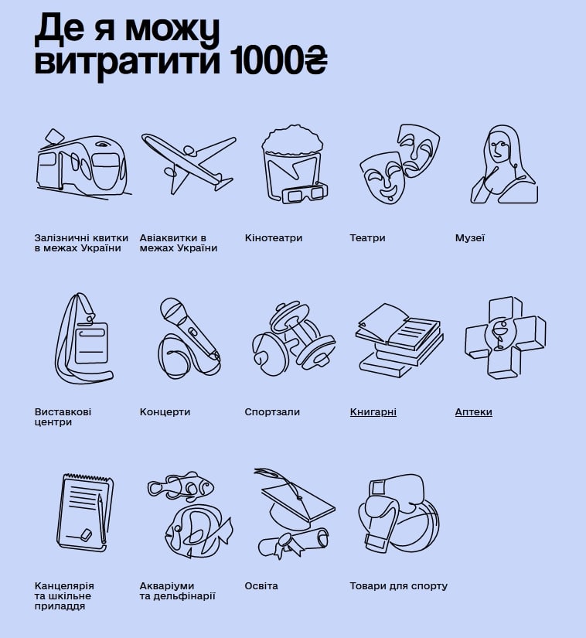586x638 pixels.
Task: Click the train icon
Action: [83, 165]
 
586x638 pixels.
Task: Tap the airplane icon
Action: [188, 163]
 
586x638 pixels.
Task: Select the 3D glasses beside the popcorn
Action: [305, 193]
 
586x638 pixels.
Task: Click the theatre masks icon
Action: [399, 164]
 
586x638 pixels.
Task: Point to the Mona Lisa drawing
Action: [505, 165]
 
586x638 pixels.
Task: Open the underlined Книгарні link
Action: [373, 412]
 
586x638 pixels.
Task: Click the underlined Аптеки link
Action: [473, 412]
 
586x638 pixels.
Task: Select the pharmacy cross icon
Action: [505, 337]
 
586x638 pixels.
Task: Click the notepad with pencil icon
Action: [84, 513]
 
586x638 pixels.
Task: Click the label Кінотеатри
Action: [273, 238]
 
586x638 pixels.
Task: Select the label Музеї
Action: [469, 238]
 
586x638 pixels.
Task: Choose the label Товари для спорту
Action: [398, 586]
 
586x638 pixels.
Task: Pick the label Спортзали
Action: [272, 412]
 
